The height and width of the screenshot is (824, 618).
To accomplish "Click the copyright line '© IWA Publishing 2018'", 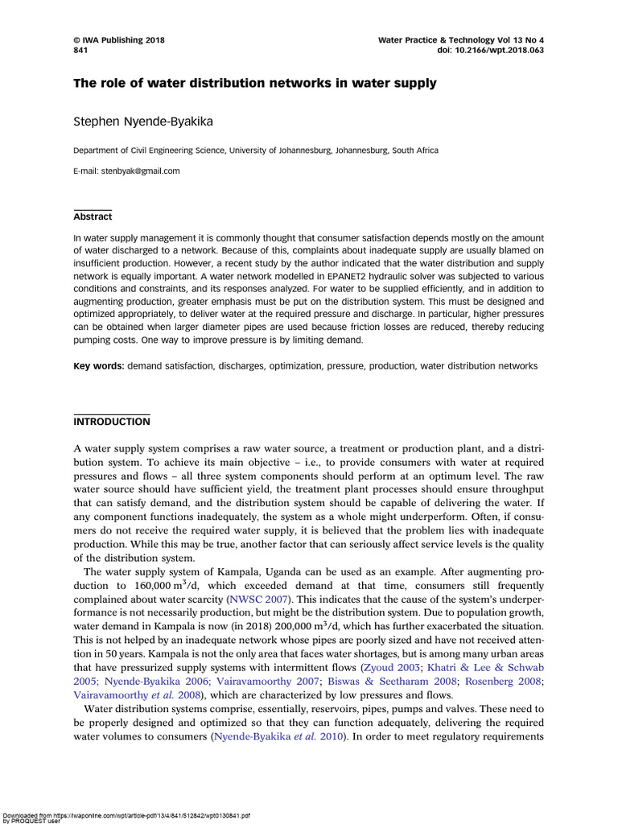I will click(x=119, y=39).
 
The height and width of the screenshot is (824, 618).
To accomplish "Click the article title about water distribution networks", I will click(x=255, y=83).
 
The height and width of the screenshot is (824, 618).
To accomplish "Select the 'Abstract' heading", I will click(x=93, y=216).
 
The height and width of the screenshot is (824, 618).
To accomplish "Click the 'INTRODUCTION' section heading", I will click(x=111, y=422).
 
